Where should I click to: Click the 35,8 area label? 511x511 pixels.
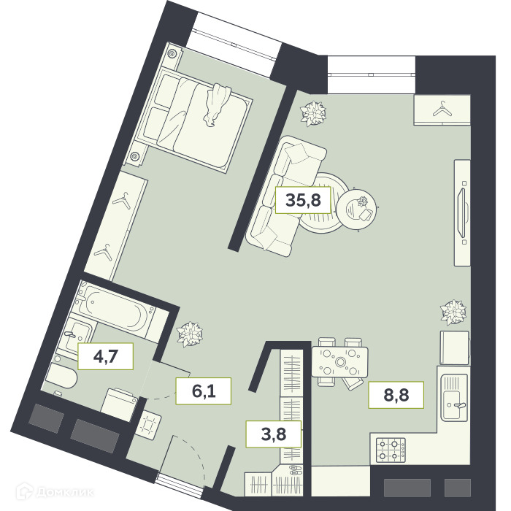[x=303, y=200]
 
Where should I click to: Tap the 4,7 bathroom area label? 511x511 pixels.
[x=106, y=356]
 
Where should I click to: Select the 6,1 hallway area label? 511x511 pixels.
[x=204, y=391]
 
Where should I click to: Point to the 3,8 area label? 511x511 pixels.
[x=274, y=434]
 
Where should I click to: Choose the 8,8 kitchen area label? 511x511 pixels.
[x=396, y=395]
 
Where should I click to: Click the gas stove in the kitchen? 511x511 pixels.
[x=391, y=450]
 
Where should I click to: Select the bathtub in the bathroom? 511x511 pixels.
[x=115, y=308]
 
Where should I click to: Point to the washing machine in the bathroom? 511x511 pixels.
[x=118, y=405]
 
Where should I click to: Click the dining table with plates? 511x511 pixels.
[x=340, y=362]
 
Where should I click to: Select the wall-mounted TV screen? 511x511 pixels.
[x=462, y=212]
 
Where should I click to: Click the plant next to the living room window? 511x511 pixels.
[x=313, y=113]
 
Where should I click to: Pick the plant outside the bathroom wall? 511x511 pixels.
[x=190, y=334]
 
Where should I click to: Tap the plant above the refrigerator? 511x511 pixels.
[x=453, y=312]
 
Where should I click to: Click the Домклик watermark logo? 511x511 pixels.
[x=55, y=491]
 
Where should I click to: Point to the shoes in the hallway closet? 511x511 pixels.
[x=295, y=469]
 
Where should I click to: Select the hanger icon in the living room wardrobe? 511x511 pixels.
[x=442, y=109]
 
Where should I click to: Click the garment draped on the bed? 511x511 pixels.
[x=216, y=104]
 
